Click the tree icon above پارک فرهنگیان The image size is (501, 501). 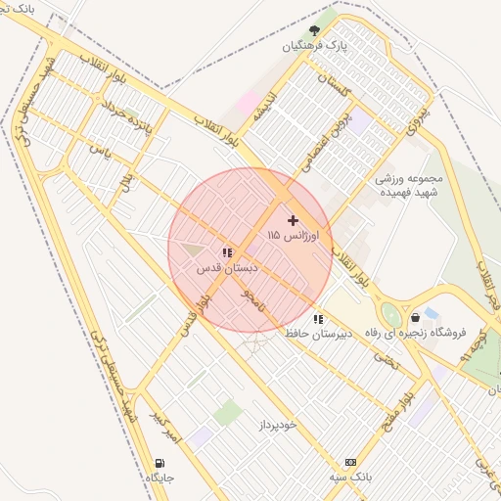click(313, 31)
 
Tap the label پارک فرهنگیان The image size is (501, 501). click(315, 46)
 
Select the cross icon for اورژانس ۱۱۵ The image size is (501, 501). click(293, 220)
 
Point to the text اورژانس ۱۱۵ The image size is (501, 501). click(300, 236)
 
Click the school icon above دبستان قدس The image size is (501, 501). click(227, 252)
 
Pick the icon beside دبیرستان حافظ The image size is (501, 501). click(317, 319)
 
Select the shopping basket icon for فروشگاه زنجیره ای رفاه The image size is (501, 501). click(417, 317)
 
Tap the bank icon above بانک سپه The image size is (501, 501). click(350, 462)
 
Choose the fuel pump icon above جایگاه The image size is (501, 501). click(159, 463)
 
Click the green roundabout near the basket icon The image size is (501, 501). click(391, 315)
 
